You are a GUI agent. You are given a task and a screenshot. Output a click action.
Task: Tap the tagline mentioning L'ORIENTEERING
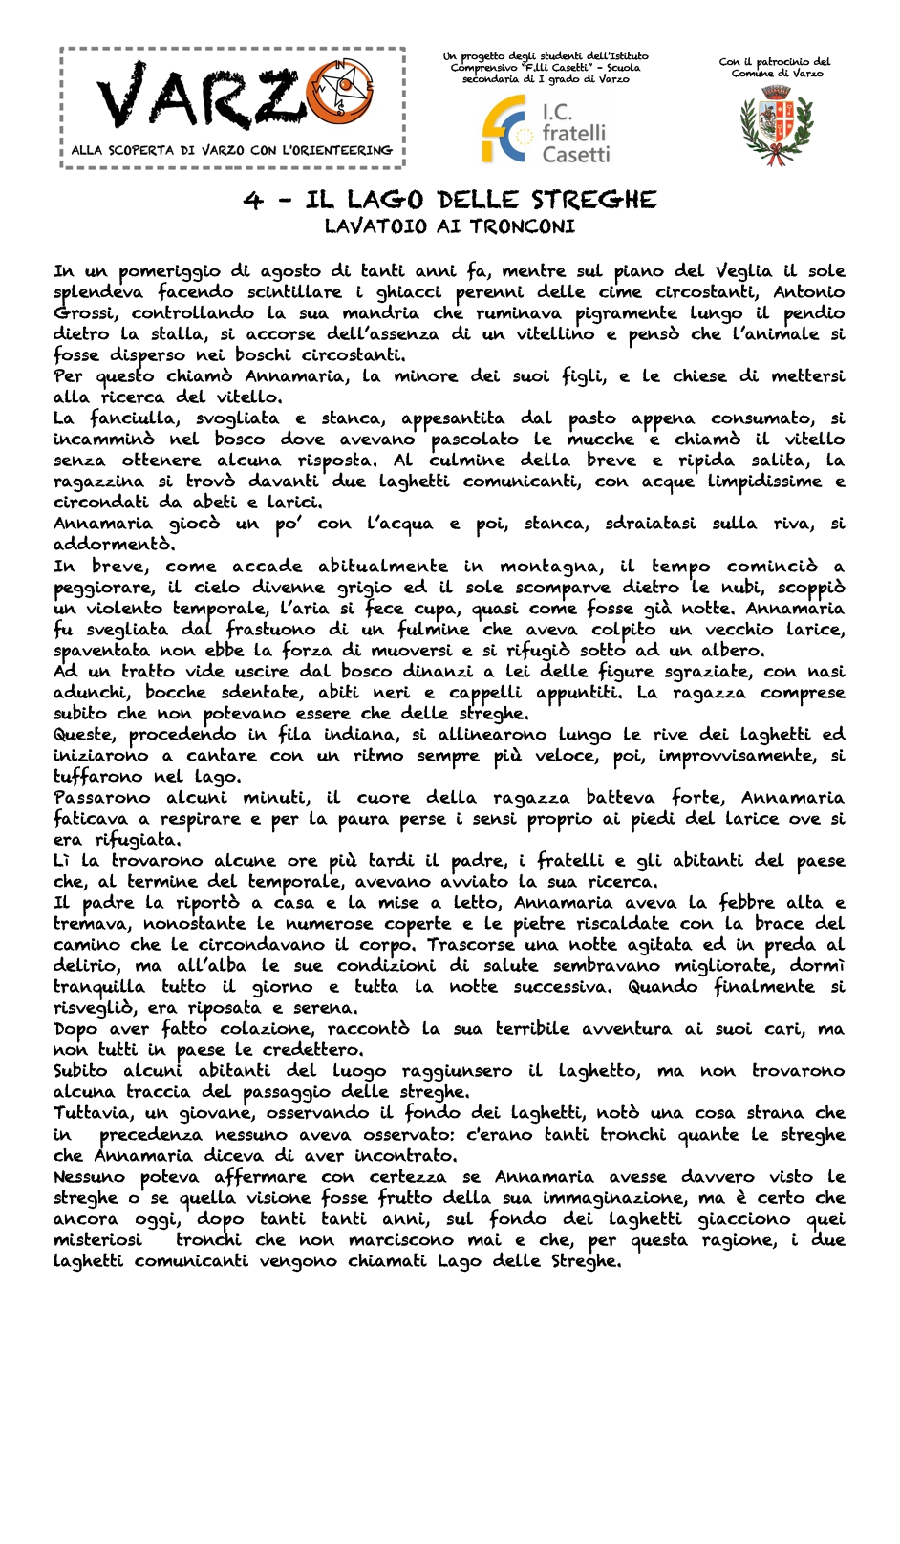click(x=231, y=150)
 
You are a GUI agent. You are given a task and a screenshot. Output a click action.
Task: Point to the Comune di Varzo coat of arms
click(x=775, y=123)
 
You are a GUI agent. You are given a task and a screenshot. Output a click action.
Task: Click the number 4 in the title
click(x=252, y=200)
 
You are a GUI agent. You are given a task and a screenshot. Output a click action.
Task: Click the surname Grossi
click(x=85, y=313)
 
